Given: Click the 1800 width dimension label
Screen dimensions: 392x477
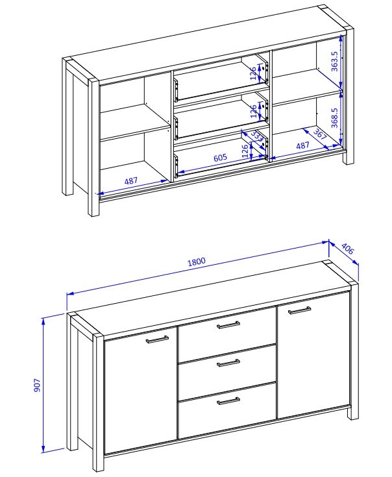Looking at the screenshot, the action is [x=197, y=262].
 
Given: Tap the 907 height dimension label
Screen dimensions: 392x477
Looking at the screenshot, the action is [x=37, y=385].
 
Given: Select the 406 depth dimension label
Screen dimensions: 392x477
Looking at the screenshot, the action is [x=348, y=249].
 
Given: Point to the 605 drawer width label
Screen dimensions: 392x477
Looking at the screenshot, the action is [x=220, y=158].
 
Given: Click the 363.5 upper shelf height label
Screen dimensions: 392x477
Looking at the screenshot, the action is [x=334, y=61].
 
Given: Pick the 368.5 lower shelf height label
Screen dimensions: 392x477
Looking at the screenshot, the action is [x=334, y=117].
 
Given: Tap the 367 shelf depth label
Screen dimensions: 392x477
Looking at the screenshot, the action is [x=320, y=134].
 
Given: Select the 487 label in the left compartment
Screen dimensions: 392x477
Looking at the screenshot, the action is [x=131, y=181].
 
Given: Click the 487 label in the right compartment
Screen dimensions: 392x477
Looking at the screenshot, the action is [x=303, y=146].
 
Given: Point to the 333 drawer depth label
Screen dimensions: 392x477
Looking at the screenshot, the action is [x=257, y=136].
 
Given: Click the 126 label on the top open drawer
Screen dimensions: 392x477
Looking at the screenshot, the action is [x=253, y=73].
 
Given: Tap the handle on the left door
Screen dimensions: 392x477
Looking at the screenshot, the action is [x=157, y=339].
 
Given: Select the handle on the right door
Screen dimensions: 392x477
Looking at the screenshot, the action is [x=300, y=310].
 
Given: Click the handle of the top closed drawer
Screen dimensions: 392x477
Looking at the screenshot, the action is [x=228, y=325].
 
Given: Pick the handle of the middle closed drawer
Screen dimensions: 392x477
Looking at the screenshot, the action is [x=228, y=363].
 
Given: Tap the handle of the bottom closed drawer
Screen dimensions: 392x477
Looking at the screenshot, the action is [x=228, y=401].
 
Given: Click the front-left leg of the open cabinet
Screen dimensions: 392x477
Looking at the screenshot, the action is [x=93, y=147].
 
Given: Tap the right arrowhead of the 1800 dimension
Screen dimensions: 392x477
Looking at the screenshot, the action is [x=325, y=243].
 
